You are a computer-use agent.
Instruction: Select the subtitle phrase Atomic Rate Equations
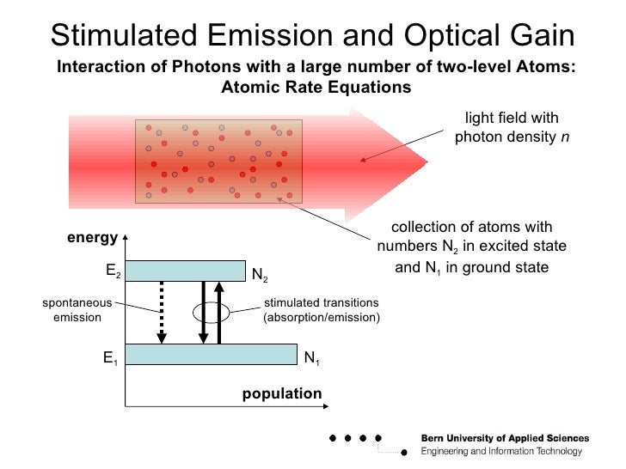[316, 87]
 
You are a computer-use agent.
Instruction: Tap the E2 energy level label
[113, 271]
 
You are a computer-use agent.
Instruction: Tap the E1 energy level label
[110, 360]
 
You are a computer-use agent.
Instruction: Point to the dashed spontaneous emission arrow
[161, 313]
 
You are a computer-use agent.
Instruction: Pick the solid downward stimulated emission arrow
[203, 313]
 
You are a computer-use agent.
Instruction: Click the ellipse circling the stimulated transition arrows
[212, 312]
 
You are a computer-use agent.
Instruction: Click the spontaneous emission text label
[77, 310]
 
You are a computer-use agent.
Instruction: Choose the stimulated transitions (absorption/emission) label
[321, 310]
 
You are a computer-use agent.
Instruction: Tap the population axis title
[281, 393]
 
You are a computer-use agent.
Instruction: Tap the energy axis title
[92, 238]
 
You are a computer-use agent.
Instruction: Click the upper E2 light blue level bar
[189, 271]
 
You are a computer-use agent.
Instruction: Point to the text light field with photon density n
[511, 127]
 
